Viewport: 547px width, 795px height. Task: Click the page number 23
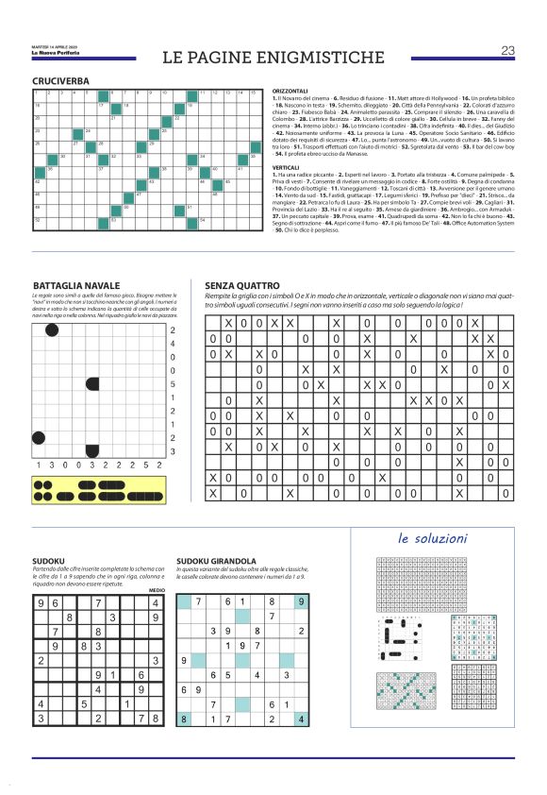[x=507, y=50]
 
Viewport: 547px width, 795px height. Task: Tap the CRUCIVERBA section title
[x=61, y=82]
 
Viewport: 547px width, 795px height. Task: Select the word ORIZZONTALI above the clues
[x=290, y=92]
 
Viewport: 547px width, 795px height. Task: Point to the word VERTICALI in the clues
[x=286, y=165]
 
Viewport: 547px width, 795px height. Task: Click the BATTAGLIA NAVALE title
[x=76, y=284]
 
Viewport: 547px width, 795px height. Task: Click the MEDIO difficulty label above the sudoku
[x=157, y=588]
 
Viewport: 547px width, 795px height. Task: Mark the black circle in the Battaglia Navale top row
[x=52, y=330]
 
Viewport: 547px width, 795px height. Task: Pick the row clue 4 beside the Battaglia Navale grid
[x=173, y=344]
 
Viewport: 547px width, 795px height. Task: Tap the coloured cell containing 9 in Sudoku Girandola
[x=300, y=600]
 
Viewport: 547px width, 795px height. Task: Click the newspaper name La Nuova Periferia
[x=56, y=52]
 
